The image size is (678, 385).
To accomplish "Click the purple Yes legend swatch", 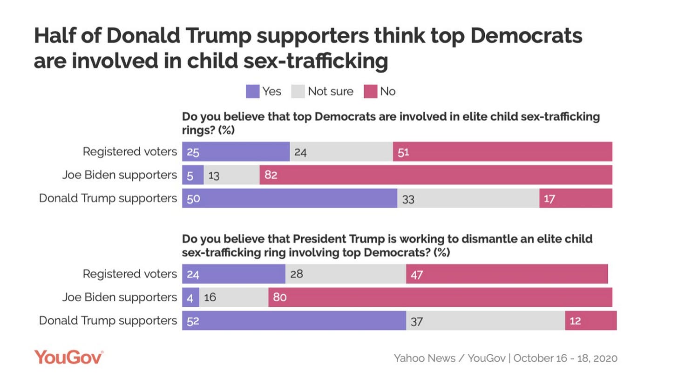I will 252,91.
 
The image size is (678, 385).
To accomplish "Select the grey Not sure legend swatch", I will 298,91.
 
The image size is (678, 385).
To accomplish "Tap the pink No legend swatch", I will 370,91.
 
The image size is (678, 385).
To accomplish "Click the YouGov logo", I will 68,357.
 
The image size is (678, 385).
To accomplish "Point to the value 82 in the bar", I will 271,175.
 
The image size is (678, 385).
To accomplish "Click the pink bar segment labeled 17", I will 576,198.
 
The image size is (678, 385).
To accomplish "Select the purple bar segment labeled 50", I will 289,198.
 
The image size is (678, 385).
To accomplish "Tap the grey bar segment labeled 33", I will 468,198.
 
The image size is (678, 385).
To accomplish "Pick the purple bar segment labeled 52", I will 294,321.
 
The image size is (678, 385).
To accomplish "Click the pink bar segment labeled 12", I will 590,321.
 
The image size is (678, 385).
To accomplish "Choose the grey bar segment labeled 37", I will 485,321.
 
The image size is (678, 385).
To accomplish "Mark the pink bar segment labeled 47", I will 507,274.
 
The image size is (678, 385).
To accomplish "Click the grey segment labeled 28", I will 346,274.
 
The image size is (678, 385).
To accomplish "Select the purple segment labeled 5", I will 193,175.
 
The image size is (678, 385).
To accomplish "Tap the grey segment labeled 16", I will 234,297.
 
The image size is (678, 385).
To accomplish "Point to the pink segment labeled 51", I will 502,152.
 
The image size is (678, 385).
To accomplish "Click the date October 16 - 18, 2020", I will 565,358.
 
